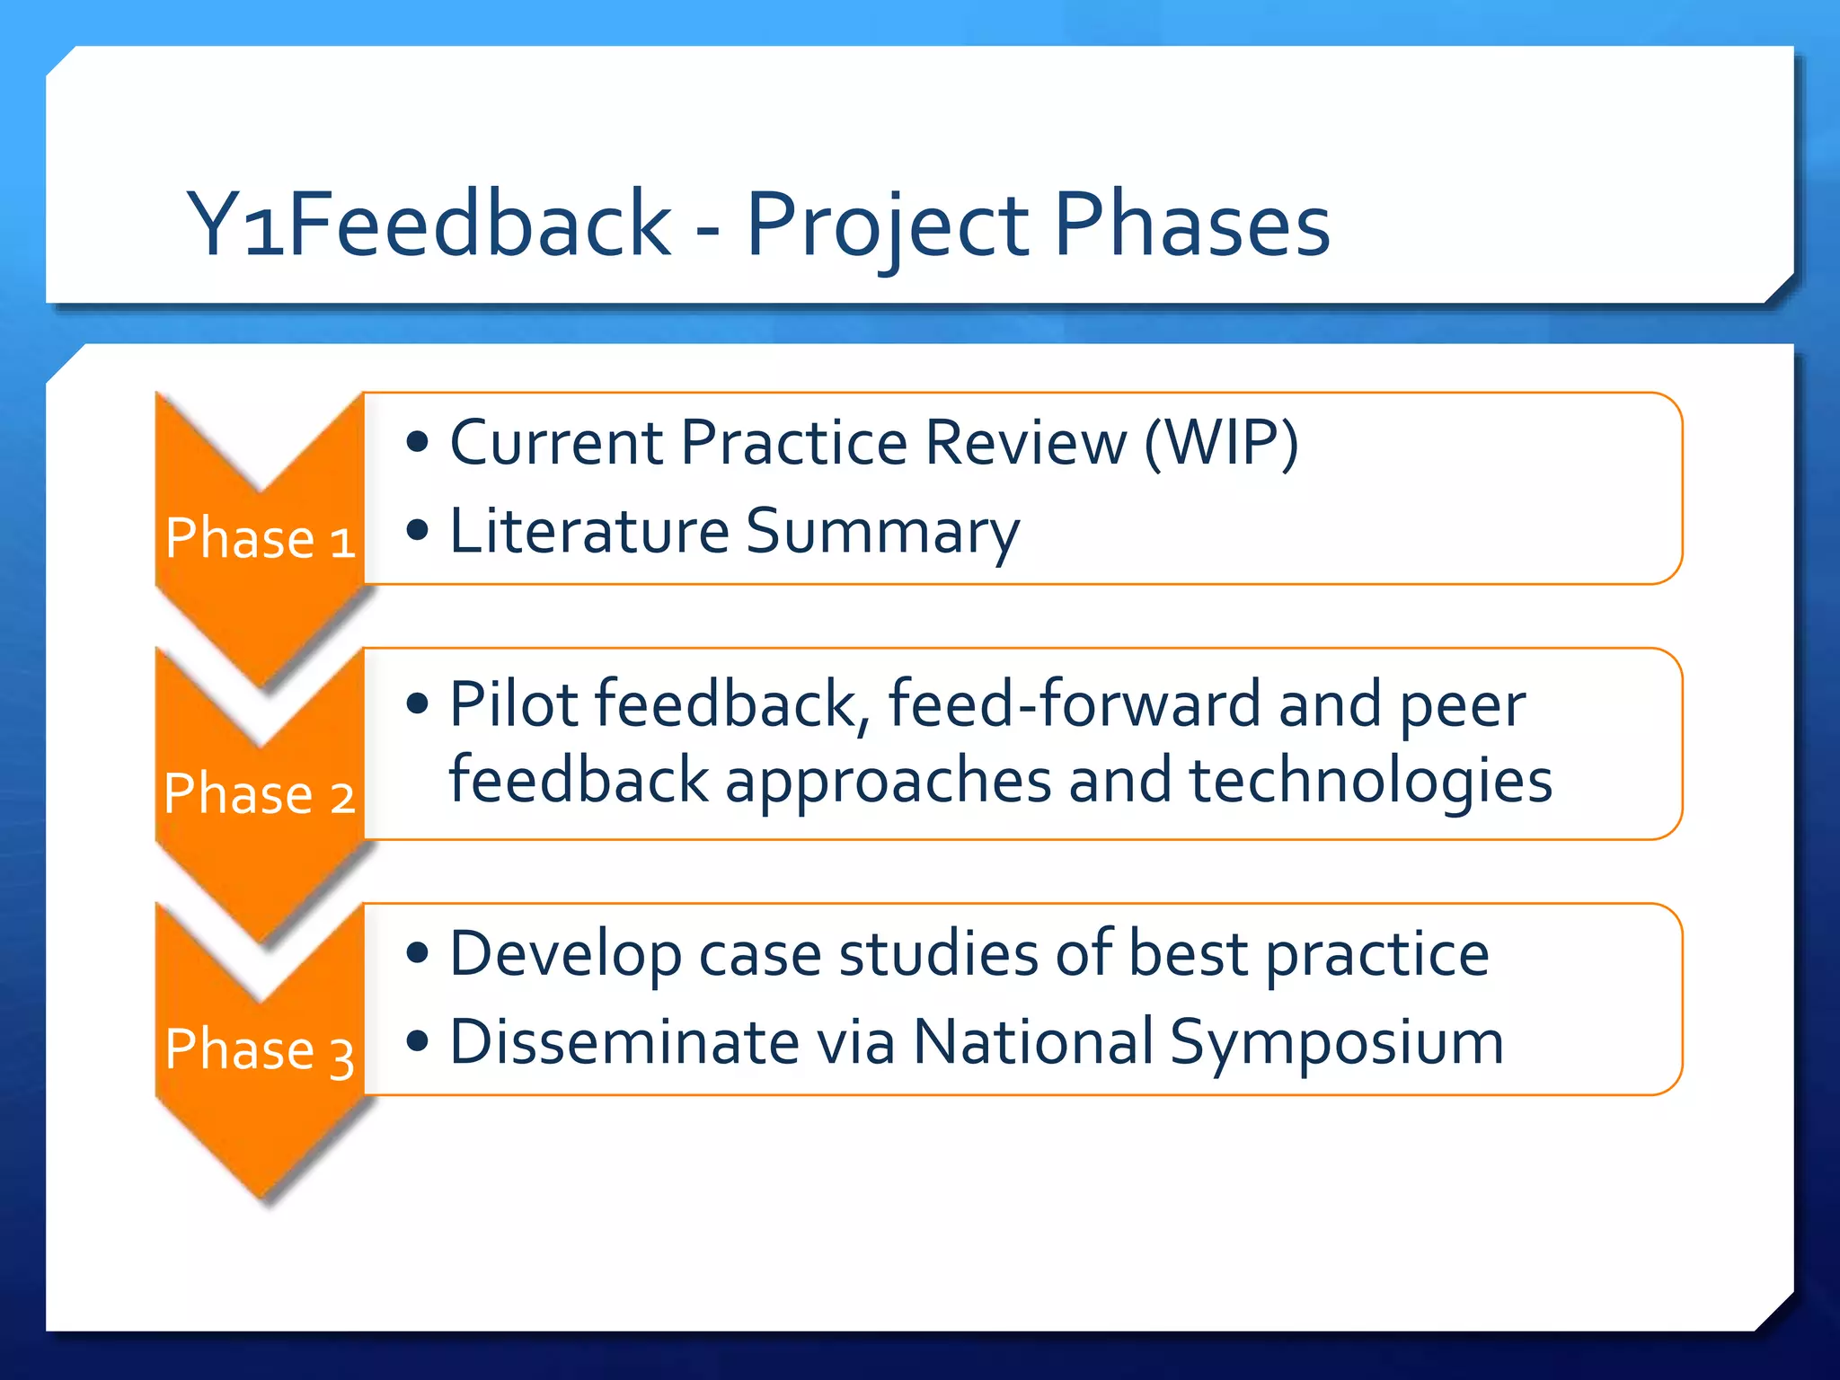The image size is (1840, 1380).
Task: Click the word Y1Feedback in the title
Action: click(x=429, y=225)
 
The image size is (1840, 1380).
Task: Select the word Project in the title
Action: click(x=888, y=226)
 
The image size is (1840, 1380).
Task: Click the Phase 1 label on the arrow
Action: click(x=261, y=539)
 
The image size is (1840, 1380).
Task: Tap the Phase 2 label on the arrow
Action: click(x=260, y=794)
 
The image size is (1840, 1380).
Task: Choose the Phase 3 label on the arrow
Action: click(x=260, y=1049)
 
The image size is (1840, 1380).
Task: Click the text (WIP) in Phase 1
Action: click(x=1221, y=443)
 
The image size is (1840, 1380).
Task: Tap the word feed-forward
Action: click(x=1075, y=703)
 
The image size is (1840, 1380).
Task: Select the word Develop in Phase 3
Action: click(x=565, y=955)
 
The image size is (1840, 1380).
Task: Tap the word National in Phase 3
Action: click(x=1033, y=1042)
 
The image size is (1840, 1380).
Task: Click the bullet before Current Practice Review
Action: click(x=417, y=442)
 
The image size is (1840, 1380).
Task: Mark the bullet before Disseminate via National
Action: click(x=417, y=1042)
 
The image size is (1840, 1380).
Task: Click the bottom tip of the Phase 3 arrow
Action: click(x=262, y=1199)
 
